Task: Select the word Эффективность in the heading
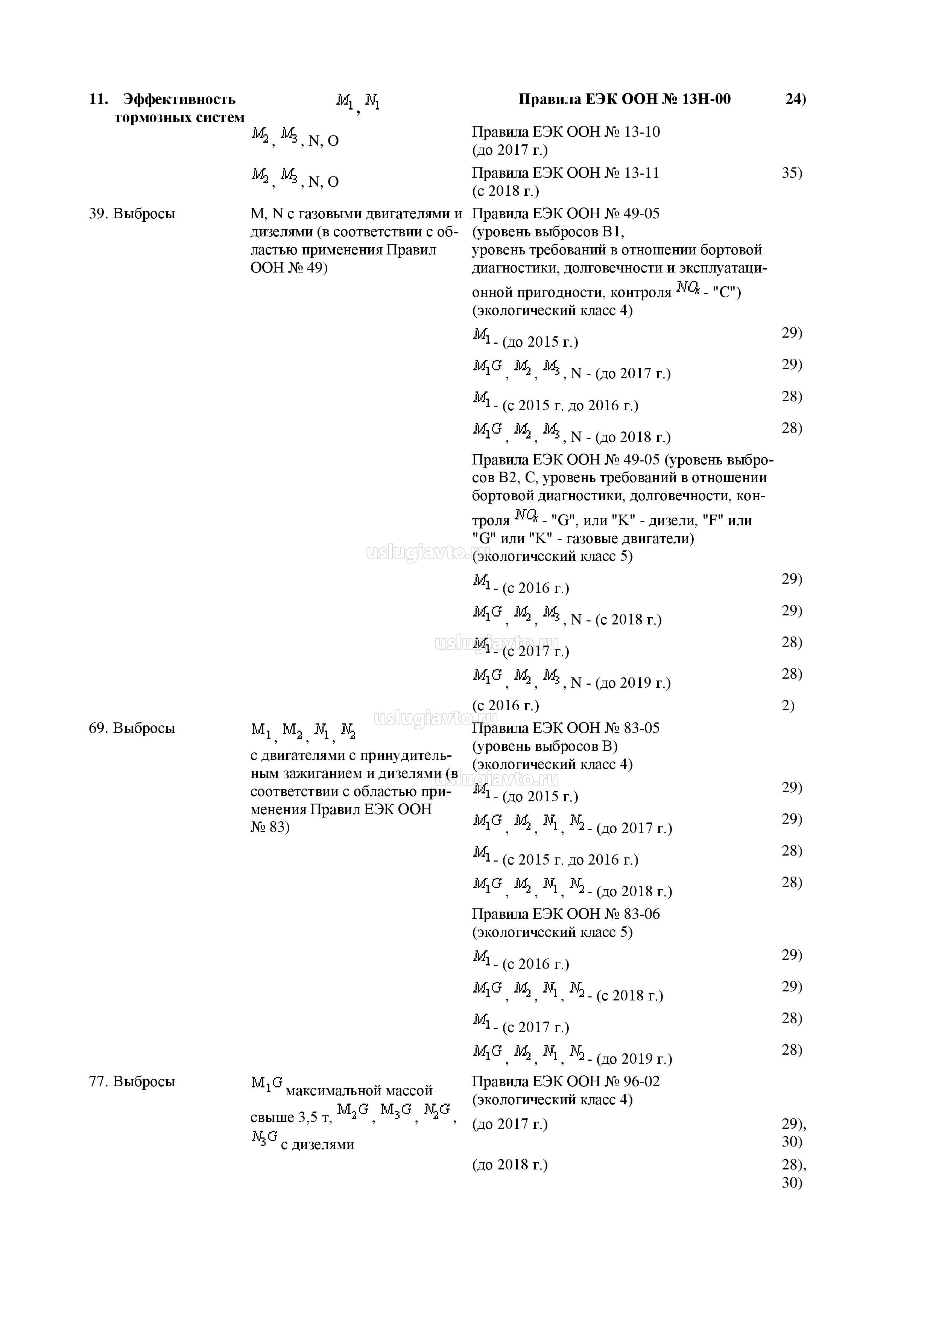pos(179,99)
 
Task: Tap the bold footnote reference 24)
pos(796,99)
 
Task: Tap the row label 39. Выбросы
pos(132,214)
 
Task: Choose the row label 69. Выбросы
pos(132,728)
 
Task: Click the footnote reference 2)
pos(788,706)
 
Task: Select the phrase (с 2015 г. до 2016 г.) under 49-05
pos(570,406)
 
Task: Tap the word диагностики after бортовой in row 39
pos(514,268)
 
